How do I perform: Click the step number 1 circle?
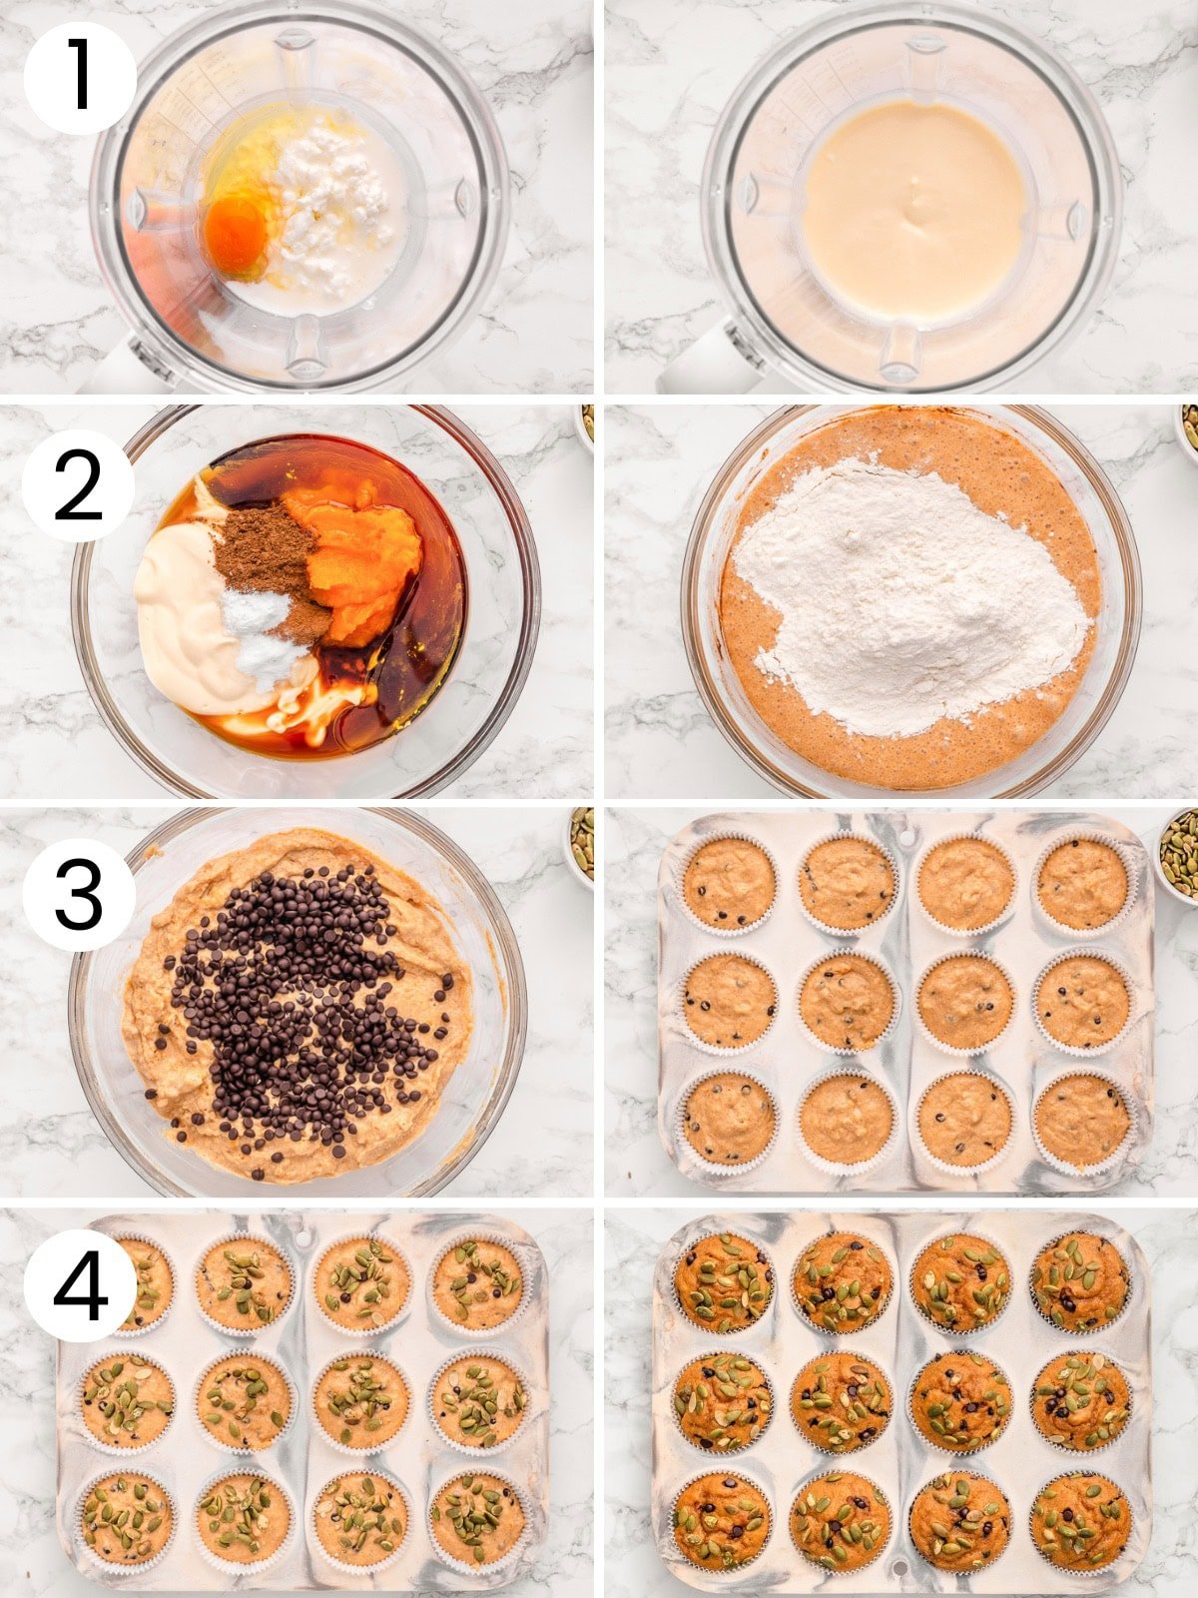[x=80, y=78]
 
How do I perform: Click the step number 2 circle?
[x=78, y=486]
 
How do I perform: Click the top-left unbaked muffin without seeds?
[x=729, y=883]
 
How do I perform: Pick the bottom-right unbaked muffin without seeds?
[x=1082, y=1119]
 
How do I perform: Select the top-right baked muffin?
[x=1081, y=1281]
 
